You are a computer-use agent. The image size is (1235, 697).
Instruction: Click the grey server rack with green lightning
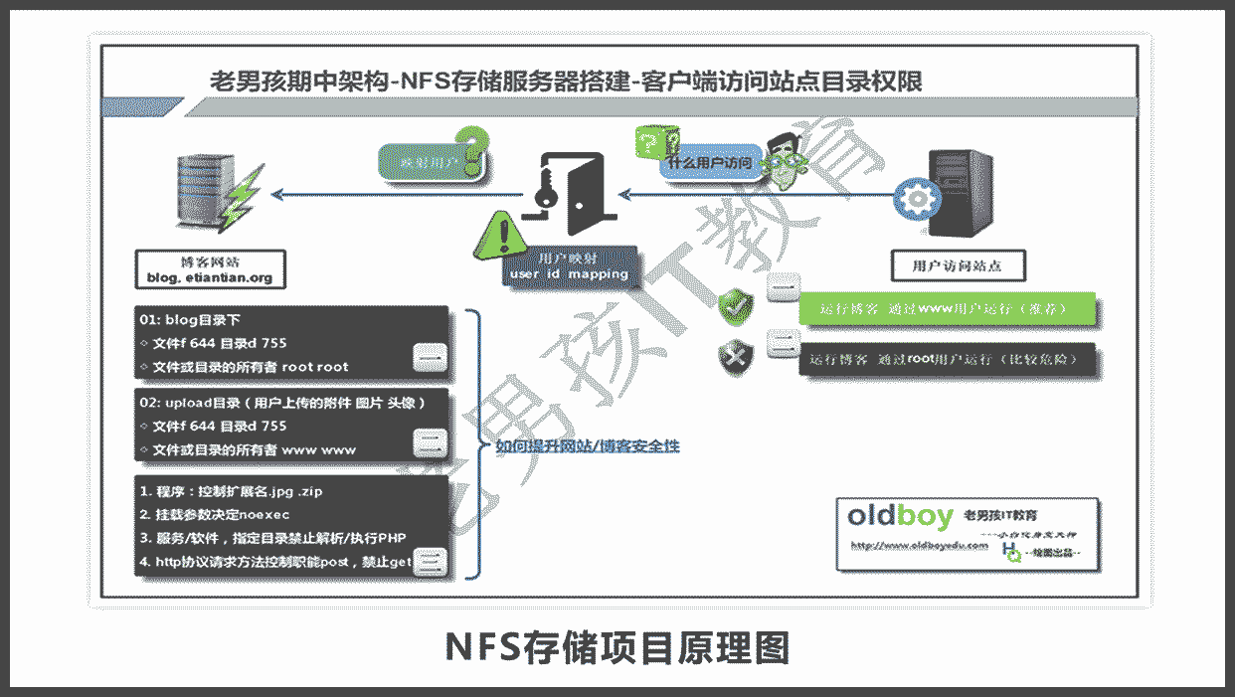pyautogui.click(x=202, y=195)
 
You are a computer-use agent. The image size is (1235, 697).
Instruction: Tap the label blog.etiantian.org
pyautogui.click(x=210, y=277)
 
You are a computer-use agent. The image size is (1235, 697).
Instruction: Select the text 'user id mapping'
pyautogui.click(x=568, y=273)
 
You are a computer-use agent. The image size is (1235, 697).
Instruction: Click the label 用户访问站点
pyautogui.click(x=956, y=265)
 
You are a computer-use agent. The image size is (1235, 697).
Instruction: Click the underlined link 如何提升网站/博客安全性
pyautogui.click(x=587, y=447)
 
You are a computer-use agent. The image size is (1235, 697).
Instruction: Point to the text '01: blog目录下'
pyautogui.click(x=190, y=320)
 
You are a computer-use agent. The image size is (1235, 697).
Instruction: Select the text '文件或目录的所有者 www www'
pyautogui.click(x=255, y=449)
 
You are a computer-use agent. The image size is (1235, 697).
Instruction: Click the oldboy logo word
pyautogui.click(x=901, y=515)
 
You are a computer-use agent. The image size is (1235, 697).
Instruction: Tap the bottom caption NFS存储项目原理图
pyautogui.click(x=617, y=647)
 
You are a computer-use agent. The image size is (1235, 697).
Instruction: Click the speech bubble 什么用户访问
pyautogui.click(x=713, y=161)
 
